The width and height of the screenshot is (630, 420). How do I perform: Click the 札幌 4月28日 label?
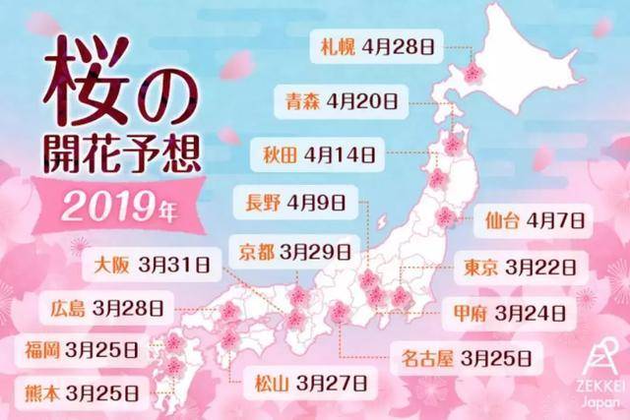click(380, 45)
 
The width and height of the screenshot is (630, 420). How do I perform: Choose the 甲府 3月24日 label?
click(505, 314)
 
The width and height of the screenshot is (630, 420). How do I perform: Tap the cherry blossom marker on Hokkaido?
click(475, 73)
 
